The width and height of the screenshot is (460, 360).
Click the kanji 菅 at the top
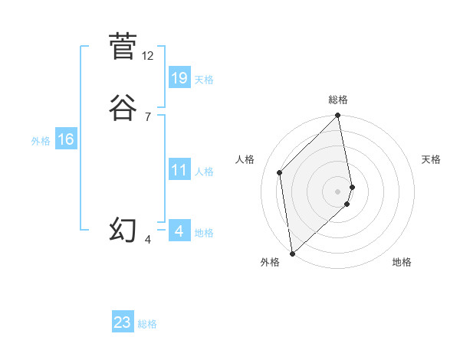123,46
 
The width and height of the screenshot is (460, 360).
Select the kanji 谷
123,108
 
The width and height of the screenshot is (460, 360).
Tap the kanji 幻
123,230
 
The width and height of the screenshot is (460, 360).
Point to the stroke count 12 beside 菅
148,56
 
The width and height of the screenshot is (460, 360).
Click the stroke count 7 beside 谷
147,116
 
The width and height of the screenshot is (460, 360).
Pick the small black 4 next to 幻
148,240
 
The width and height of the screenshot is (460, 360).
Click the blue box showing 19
179,77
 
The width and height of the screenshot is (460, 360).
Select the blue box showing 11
179,170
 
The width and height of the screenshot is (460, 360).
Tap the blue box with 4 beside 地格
179,231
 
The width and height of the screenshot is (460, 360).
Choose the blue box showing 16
66,139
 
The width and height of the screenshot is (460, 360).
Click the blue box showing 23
123,322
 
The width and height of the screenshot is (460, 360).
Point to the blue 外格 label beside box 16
41,141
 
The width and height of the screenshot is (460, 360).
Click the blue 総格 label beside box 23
147,324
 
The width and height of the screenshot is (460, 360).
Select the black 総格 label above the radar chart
338,100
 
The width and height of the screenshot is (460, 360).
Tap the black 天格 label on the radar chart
431,159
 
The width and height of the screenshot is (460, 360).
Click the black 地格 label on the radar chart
402,263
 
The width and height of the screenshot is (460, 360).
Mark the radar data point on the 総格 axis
338,116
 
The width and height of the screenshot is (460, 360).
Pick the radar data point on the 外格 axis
292,253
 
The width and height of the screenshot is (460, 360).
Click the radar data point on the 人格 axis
280,172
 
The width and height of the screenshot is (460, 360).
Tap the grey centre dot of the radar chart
338,191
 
